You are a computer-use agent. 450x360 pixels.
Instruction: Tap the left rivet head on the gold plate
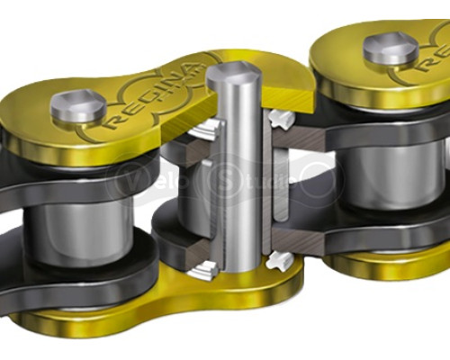76,105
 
